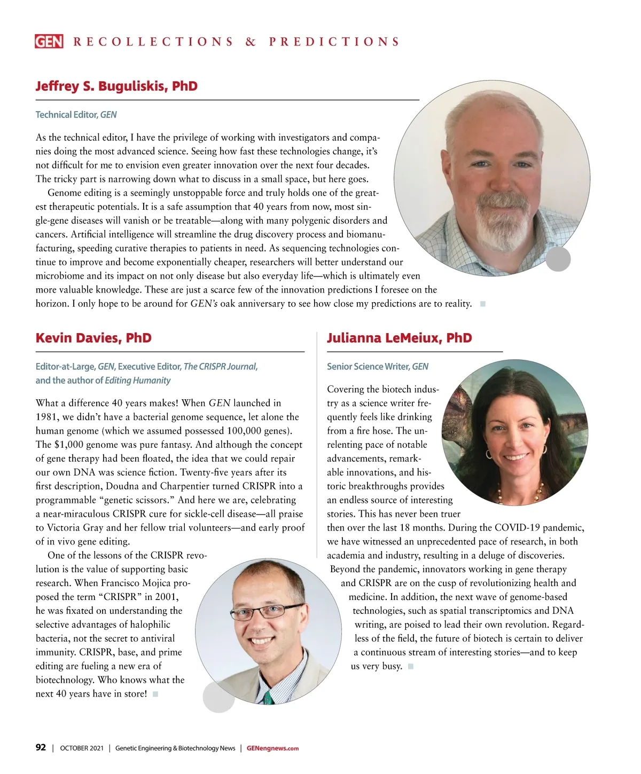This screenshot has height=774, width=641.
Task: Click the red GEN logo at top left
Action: [x=49, y=42]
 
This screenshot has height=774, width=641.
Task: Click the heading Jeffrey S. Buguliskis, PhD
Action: [x=116, y=86]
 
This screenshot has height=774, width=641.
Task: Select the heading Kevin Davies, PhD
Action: [x=93, y=338]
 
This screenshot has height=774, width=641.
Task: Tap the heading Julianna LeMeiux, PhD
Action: [x=399, y=338]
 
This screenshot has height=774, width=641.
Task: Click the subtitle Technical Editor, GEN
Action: [x=76, y=115]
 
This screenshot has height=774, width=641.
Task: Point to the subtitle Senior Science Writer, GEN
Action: [x=377, y=367]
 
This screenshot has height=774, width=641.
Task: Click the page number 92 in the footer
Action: [x=41, y=748]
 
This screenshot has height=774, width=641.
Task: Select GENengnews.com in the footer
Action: [x=272, y=748]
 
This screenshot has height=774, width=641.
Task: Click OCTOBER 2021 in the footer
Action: [x=82, y=748]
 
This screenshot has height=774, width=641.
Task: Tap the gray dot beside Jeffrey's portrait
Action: [x=558, y=259]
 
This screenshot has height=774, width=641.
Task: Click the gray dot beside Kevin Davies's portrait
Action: [x=218, y=697]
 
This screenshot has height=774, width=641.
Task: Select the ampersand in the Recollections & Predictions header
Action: [x=251, y=42]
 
